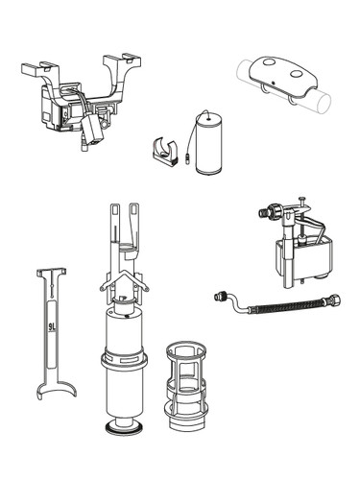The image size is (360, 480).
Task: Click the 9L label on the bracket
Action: pyautogui.click(x=52, y=327)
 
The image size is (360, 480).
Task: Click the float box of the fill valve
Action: pyautogui.click(x=302, y=256)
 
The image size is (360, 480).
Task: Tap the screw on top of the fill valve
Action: pyautogui.click(x=301, y=203)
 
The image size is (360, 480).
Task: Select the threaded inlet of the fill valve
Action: pyautogui.click(x=263, y=212)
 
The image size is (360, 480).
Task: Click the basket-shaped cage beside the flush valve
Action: pyautogui.click(x=185, y=386)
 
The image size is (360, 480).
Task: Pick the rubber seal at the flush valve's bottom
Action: pyautogui.click(x=125, y=429)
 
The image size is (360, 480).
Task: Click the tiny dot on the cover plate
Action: pyautogui.click(x=274, y=83)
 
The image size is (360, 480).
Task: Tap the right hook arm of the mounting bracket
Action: pyautogui.click(x=122, y=63)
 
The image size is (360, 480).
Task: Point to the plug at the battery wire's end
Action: pyautogui.click(x=188, y=158)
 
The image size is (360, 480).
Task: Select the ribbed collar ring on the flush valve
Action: pyautogui.click(x=124, y=362)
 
